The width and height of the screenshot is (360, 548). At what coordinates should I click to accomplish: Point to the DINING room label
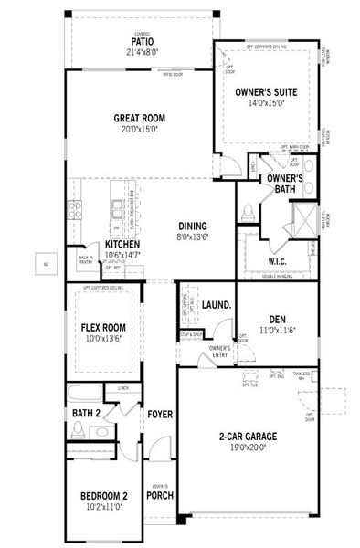click(x=193, y=227)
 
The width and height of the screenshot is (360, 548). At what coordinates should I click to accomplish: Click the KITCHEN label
click(x=122, y=245)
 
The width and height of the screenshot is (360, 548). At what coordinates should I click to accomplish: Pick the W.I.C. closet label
click(x=278, y=261)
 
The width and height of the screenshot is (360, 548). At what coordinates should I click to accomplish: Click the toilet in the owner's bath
click(x=247, y=214)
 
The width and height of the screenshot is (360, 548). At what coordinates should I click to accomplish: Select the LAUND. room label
click(x=215, y=304)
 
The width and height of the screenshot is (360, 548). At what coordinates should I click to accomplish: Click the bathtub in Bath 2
click(x=85, y=395)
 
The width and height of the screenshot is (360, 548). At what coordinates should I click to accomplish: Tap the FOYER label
click(x=160, y=415)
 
